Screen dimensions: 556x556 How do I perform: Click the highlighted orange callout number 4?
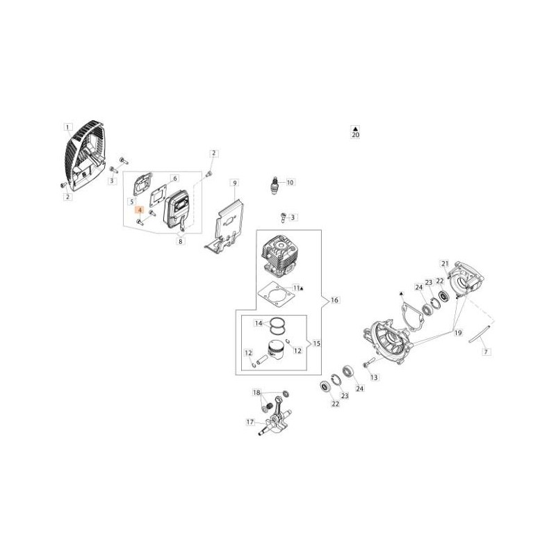[x=140, y=211]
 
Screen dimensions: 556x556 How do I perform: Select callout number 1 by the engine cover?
[x=67, y=127]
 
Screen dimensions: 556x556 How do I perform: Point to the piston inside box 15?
[x=275, y=352]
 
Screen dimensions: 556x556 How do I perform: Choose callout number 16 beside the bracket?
[x=334, y=300]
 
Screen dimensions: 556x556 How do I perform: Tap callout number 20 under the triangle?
[x=355, y=135]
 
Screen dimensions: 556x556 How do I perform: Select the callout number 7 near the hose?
[x=486, y=352]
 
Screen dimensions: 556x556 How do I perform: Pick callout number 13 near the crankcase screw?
[x=374, y=377]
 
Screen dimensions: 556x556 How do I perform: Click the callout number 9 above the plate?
[x=234, y=183]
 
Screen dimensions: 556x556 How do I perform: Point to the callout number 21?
[x=445, y=263]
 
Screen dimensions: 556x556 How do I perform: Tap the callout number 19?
[x=458, y=333]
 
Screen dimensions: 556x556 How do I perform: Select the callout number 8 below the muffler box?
[x=181, y=241]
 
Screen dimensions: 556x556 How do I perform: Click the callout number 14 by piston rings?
[x=259, y=323]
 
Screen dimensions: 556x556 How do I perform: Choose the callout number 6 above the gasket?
[x=174, y=178]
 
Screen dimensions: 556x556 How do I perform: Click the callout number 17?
[x=250, y=422]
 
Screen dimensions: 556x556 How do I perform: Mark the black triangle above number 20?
[x=355, y=128]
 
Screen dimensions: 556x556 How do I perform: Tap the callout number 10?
[x=290, y=182]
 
